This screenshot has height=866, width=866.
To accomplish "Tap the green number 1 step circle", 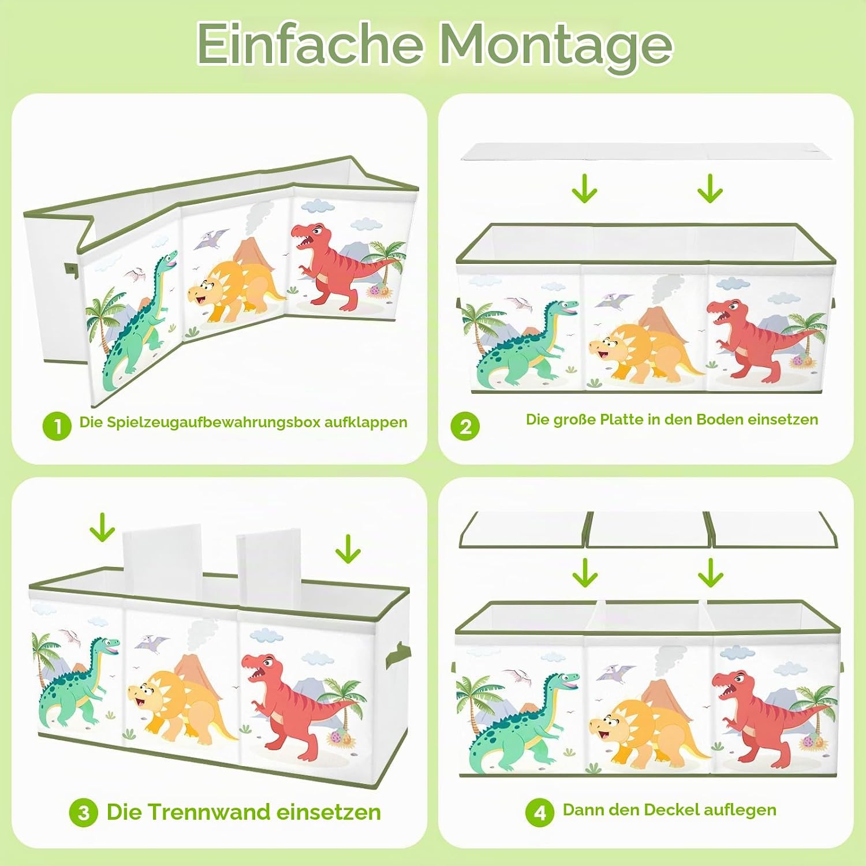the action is pyautogui.click(x=57, y=425).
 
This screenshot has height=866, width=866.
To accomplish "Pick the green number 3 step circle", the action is pyautogui.click(x=84, y=813).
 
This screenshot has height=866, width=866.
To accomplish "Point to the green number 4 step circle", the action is pyautogui.click(x=540, y=812).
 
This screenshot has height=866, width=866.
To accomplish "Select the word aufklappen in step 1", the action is pyautogui.click(x=365, y=423).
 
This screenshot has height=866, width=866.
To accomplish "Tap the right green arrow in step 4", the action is pyautogui.click(x=710, y=572).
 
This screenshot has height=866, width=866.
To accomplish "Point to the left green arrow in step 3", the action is pyautogui.click(x=102, y=527).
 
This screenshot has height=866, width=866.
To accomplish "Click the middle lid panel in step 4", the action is pyautogui.click(x=648, y=529).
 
